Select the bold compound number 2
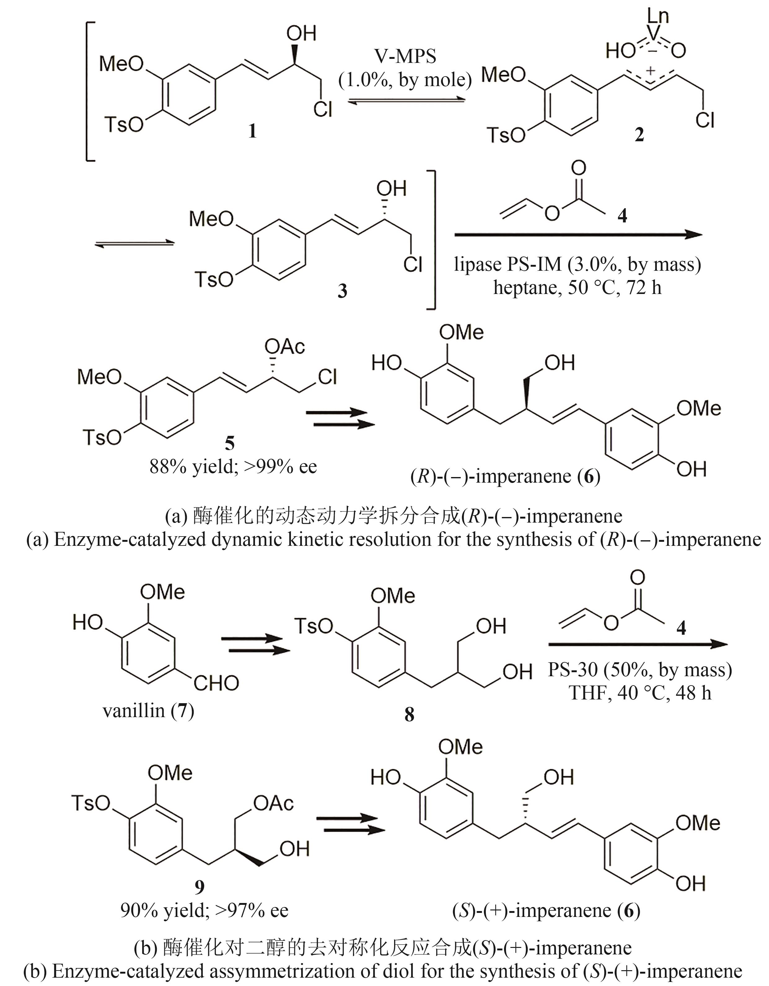[x=639, y=134]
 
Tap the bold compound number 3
[x=342, y=291]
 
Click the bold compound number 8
[x=409, y=715]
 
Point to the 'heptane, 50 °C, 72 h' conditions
[x=577, y=287]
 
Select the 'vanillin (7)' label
[x=148, y=711]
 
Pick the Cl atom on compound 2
[x=705, y=120]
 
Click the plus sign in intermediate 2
[x=651, y=70]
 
